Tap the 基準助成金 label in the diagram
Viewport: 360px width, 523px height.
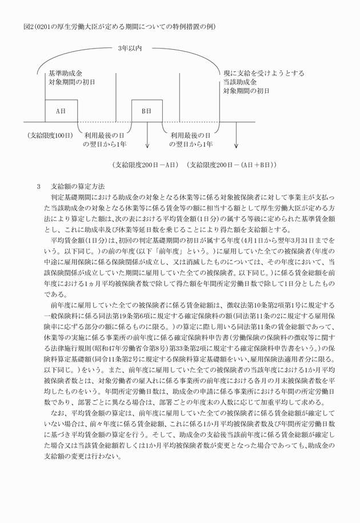[66, 74]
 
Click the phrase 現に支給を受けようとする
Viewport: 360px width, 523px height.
[263, 74]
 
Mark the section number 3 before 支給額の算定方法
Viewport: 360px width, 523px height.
[38, 186]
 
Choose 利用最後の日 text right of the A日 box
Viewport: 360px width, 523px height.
[105, 135]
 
